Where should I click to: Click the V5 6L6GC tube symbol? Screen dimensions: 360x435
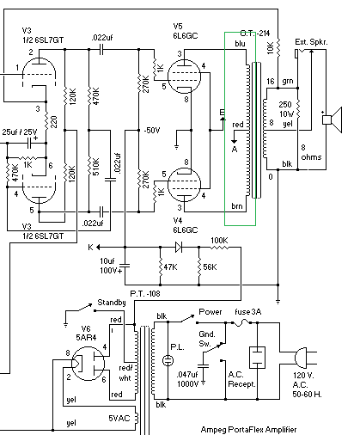pyautogui.click(x=184, y=76)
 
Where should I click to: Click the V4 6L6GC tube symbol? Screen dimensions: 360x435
pyautogui.click(x=184, y=185)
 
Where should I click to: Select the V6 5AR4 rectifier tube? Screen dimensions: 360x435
pyautogui.click(x=88, y=364)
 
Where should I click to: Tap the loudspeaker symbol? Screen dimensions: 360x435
pyautogui.click(x=333, y=119)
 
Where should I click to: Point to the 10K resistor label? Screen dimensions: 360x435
pyautogui.click(x=271, y=47)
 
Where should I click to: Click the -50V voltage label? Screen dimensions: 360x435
pyautogui.click(x=152, y=131)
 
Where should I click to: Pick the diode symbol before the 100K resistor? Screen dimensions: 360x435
pyautogui.click(x=179, y=247)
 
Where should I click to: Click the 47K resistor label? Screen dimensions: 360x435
pyautogui.click(x=170, y=267)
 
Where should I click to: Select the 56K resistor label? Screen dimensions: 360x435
pyautogui.click(x=210, y=267)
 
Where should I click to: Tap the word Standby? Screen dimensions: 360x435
pyautogui.click(x=112, y=303)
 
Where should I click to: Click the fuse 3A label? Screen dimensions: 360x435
pyautogui.click(x=248, y=312)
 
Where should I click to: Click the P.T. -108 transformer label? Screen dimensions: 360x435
pyautogui.click(x=145, y=293)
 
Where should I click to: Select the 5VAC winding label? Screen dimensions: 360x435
pyautogui.click(x=119, y=419)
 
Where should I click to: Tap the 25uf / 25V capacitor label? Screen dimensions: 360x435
pyautogui.click(x=20, y=132)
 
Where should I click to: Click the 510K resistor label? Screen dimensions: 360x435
pyautogui.click(x=95, y=167)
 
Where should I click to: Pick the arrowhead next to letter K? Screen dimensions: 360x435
pyautogui.click(x=98, y=247)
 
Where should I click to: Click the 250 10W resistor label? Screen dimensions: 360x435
pyautogui.click(x=286, y=109)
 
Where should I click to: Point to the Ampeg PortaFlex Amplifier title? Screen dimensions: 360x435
pyautogui.click(x=248, y=430)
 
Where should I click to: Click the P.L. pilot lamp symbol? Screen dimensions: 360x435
pyautogui.click(x=168, y=360)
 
